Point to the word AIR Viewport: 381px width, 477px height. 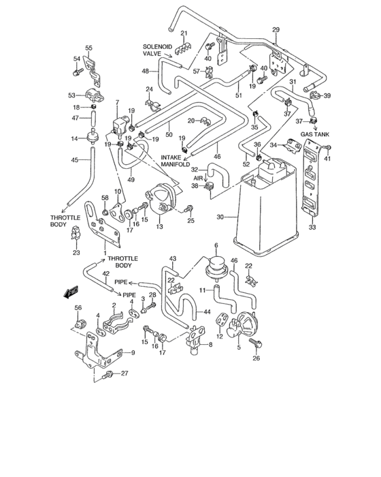[x=199, y=178]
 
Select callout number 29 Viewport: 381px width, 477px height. [x=276, y=29]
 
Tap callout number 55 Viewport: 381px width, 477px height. [x=88, y=48]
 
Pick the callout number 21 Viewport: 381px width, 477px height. [x=184, y=33]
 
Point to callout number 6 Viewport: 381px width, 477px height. [x=216, y=245]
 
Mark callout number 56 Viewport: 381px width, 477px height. [x=78, y=307]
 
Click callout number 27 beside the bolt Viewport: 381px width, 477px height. [x=125, y=373]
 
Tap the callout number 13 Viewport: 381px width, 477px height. [x=160, y=227]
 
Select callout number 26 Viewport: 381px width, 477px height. [x=256, y=358]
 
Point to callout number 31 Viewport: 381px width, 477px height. [x=293, y=82]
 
